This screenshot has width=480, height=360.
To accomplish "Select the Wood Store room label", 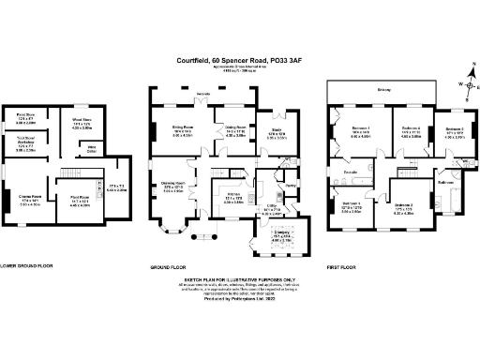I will point(82,122).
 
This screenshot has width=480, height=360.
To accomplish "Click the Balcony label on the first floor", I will point(382,90).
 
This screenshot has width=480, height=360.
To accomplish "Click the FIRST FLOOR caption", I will point(344,266).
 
